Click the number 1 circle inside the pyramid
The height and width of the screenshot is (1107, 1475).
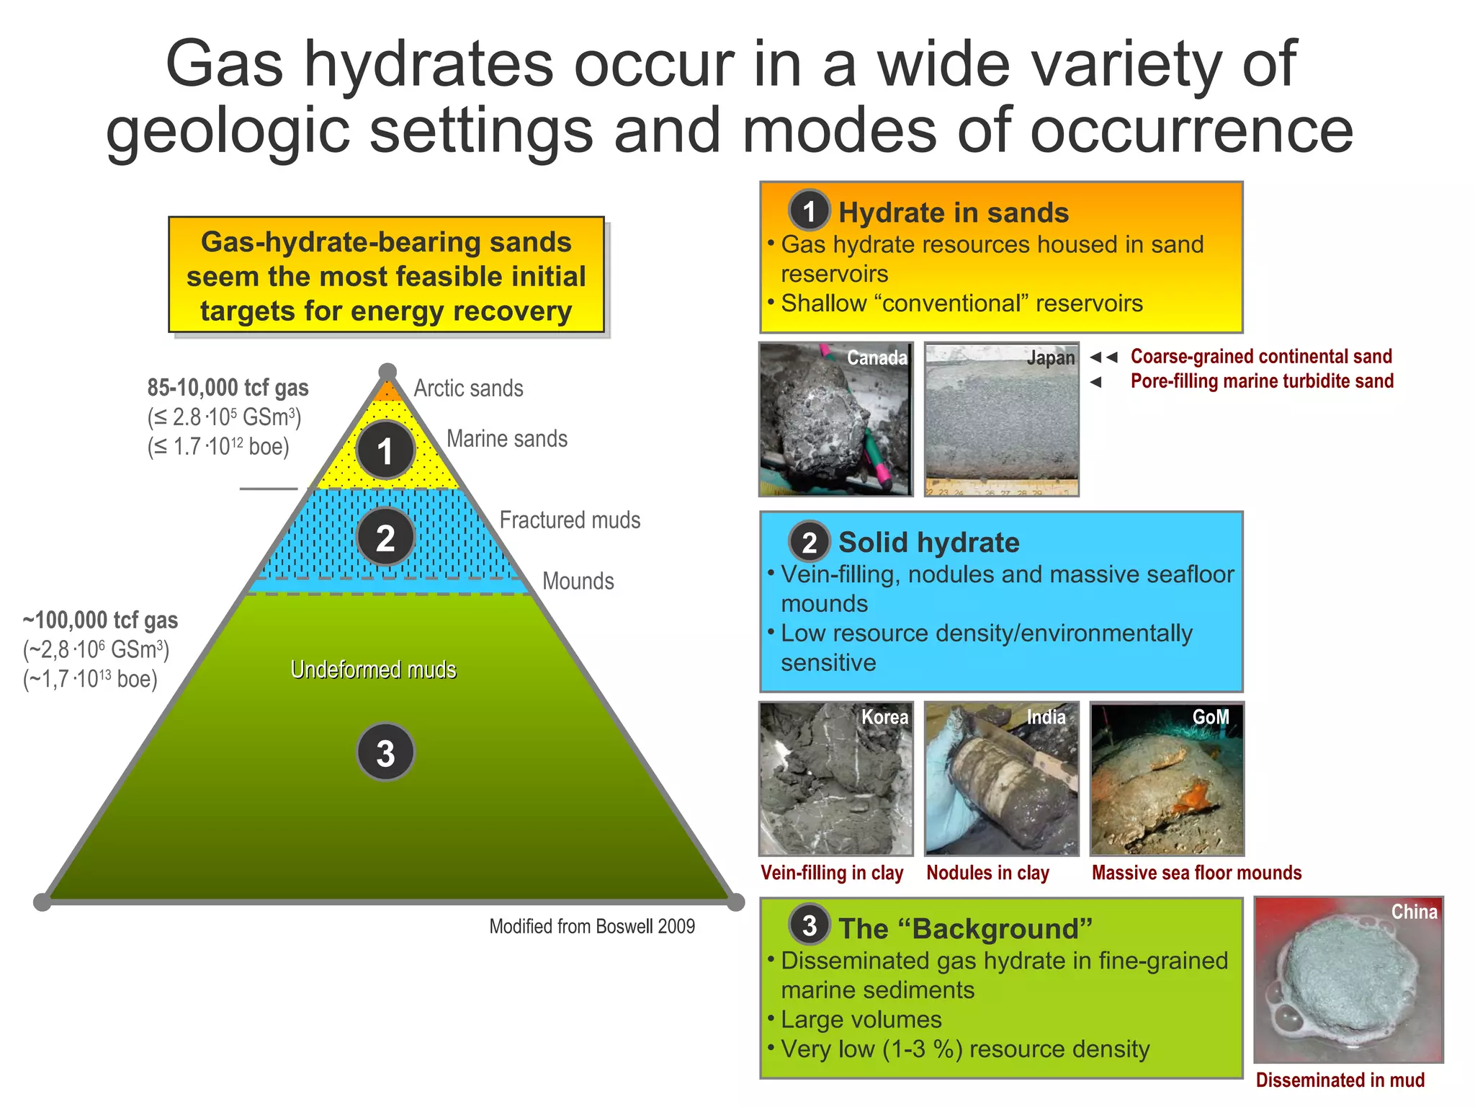pos(385,450)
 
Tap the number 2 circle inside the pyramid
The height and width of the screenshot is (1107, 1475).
pos(385,538)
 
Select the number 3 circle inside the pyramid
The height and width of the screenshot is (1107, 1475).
pos(385,752)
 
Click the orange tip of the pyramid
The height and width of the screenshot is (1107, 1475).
pos(388,391)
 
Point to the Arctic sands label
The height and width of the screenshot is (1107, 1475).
pos(468,388)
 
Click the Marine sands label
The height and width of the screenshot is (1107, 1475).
pos(507,439)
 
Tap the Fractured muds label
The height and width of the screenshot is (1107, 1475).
pos(570,520)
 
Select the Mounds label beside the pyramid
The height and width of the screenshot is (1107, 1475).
pos(578,582)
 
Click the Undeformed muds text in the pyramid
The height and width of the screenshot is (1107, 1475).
pos(373,670)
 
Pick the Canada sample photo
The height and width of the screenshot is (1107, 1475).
pos(835,419)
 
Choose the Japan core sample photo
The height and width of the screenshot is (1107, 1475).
pos(1001,419)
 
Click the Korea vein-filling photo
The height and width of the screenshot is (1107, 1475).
pos(835,778)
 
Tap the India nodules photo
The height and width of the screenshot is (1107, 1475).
pos(1001,778)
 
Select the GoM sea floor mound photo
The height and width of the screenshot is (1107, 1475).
pos(1167,778)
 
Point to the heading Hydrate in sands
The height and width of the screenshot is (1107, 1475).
pos(953,213)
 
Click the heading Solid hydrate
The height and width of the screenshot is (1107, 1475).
pos(928,543)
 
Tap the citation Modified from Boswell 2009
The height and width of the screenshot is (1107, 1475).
pos(592,927)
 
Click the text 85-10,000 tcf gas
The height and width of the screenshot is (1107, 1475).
pos(228,388)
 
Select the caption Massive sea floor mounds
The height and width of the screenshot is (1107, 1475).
pos(1196,873)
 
